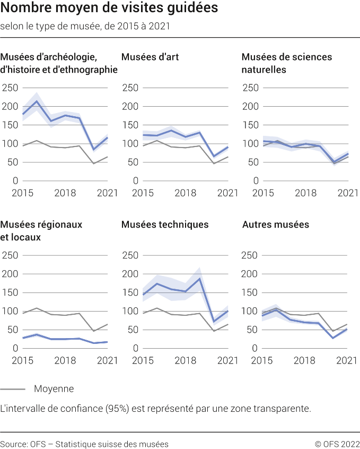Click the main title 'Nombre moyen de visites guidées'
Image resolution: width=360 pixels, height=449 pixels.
(109, 9)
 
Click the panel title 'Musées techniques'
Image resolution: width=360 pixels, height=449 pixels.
(165, 225)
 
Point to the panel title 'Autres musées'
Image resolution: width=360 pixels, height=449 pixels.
(275, 225)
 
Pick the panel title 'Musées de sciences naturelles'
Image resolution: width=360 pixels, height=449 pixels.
(287, 63)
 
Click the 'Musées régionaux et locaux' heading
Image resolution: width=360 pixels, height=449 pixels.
(42, 231)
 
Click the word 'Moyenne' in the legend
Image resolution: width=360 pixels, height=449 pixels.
(54, 389)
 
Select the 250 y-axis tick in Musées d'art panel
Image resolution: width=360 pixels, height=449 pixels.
(130, 88)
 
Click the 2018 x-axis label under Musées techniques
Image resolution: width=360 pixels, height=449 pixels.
(185, 360)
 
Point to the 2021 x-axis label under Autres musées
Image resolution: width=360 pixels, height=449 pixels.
(347, 360)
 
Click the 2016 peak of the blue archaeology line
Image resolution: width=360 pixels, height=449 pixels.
(37, 101)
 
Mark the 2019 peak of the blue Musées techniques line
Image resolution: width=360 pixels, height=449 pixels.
(200, 279)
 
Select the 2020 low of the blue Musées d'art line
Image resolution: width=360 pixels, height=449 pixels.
(214, 157)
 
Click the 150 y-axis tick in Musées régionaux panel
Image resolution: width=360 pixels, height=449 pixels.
(10, 292)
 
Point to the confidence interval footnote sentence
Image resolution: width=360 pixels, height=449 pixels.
(155, 409)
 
